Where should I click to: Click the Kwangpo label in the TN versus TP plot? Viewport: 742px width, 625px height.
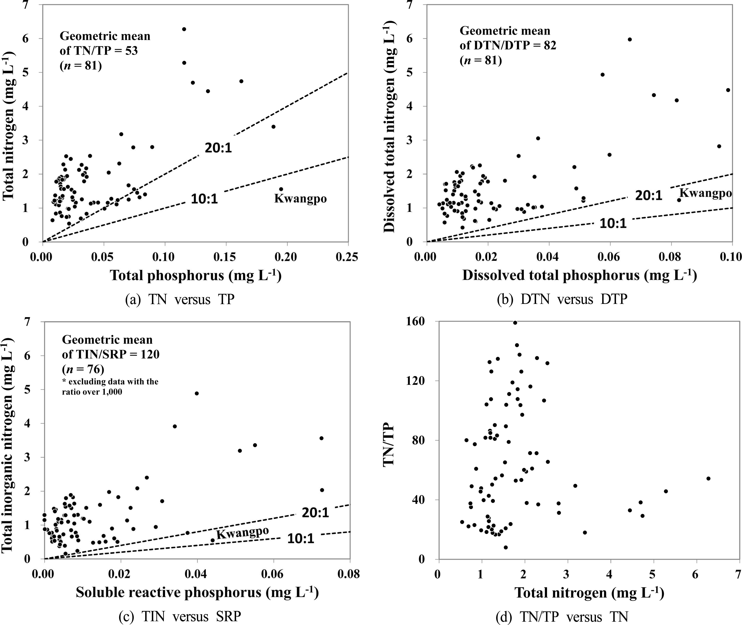(300, 198)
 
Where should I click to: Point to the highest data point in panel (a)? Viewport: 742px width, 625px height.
(184, 29)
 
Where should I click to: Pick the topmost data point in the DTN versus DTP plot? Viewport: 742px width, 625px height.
(630, 39)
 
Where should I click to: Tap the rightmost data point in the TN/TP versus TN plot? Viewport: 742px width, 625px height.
(708, 478)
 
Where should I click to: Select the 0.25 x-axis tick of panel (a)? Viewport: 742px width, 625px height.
(347, 257)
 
